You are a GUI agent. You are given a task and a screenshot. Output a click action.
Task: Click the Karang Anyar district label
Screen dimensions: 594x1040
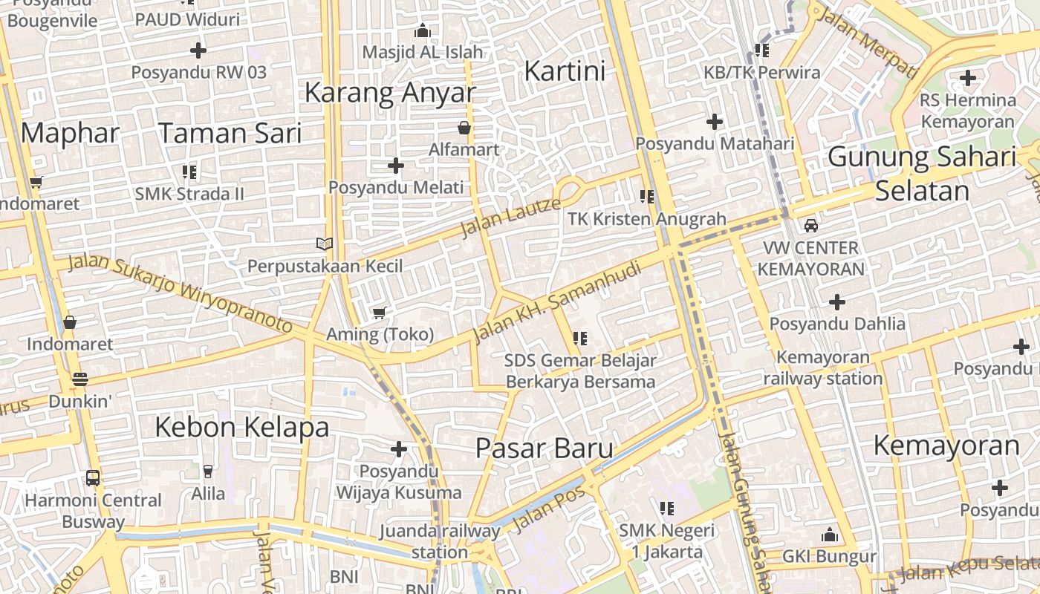tap(390, 93)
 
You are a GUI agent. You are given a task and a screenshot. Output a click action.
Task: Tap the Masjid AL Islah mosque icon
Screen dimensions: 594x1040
tap(423, 31)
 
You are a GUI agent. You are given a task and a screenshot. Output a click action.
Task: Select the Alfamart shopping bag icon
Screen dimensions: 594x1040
tap(464, 128)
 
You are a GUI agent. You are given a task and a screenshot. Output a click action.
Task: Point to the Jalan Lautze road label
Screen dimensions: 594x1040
tap(510, 216)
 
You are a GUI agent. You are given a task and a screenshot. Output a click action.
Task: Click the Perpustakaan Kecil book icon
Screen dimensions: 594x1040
tap(325, 244)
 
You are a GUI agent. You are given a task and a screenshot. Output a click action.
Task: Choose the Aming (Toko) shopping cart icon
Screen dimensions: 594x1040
tap(380, 313)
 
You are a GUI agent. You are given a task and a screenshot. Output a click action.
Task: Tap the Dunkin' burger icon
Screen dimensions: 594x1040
tap(80, 379)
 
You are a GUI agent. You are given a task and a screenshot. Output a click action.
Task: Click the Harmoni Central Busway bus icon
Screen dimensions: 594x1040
tap(93, 477)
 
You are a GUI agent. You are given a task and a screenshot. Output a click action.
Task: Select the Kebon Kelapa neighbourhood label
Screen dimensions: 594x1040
tap(242, 428)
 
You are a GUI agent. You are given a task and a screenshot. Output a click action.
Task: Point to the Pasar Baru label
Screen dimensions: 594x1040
tap(545, 448)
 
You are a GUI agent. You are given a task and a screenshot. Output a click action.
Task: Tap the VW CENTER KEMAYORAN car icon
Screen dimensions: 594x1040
tap(811, 225)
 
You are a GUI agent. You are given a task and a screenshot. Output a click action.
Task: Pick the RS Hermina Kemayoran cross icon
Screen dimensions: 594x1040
tap(967, 77)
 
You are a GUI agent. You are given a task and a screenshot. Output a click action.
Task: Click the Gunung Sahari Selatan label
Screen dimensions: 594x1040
tap(922, 174)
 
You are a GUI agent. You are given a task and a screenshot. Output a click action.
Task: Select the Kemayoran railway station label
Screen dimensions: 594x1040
tap(823, 368)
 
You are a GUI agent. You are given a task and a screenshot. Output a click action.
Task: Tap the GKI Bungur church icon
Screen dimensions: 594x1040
tap(830, 535)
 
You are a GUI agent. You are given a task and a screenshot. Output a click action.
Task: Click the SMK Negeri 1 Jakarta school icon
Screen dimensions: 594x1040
tap(667, 508)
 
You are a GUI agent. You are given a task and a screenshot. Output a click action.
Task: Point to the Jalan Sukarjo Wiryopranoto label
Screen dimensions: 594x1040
tap(181, 293)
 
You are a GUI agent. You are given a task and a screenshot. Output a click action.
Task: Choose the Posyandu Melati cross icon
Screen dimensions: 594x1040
tap(396, 165)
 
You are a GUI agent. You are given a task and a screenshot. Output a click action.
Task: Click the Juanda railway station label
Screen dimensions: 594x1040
tap(440, 541)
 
